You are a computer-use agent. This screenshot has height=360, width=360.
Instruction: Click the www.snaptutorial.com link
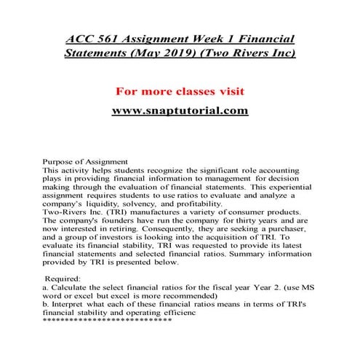pos(180,111)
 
